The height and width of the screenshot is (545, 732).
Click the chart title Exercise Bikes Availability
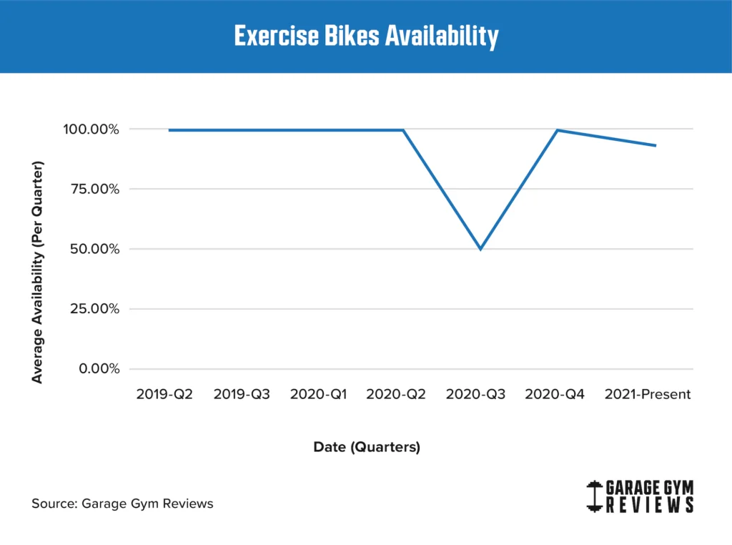click(366, 36)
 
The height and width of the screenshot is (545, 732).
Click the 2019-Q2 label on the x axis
click(164, 395)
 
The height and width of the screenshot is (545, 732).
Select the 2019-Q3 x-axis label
click(242, 395)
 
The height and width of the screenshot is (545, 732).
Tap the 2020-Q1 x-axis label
click(319, 395)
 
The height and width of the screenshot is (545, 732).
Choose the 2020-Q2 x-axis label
click(396, 395)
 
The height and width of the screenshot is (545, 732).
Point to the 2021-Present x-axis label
click(648, 395)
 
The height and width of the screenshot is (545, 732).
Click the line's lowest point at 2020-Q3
click(480, 249)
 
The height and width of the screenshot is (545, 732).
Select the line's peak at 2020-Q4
click(558, 130)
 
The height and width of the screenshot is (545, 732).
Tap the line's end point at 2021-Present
click(656, 146)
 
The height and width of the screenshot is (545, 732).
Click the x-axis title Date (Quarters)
click(367, 448)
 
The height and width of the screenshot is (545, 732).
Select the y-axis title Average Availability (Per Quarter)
click(38, 272)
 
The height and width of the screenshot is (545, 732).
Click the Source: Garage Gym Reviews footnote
click(122, 504)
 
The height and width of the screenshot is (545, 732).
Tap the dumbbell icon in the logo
click(593, 496)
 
